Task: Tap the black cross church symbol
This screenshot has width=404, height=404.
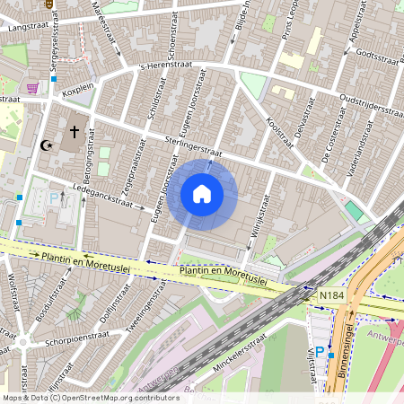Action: [x=74, y=131]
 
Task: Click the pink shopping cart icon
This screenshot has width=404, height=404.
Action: [x=33, y=88]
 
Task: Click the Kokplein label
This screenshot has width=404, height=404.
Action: [x=79, y=90]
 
